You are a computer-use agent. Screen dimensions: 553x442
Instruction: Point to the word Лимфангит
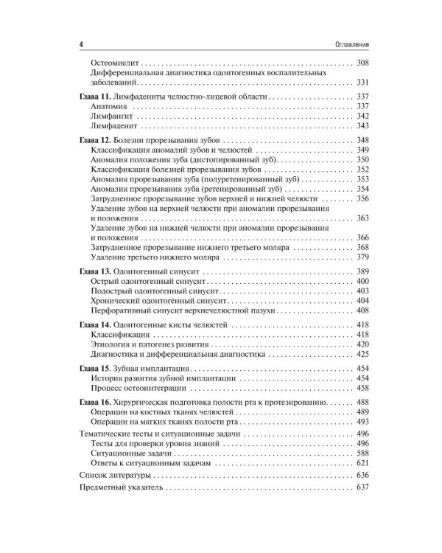coord(112,116)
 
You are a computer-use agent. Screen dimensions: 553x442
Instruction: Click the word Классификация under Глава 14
coord(122,335)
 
